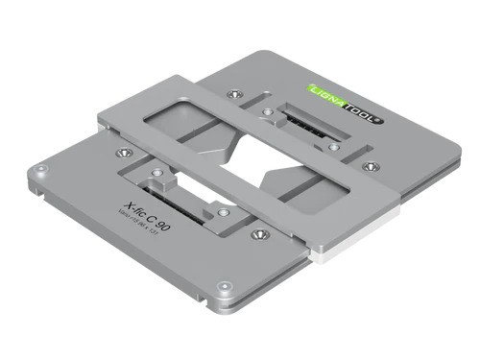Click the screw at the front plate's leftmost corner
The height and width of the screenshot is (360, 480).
pyautogui.click(x=39, y=169)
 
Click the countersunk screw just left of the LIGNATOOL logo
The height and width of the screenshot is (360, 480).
pyautogui.click(x=234, y=93)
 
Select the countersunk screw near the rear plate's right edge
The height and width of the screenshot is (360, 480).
pyautogui.click(x=372, y=166)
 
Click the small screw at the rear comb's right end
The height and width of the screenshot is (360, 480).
pyautogui.click(x=333, y=147)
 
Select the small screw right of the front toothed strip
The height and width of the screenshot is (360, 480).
pyautogui.click(x=222, y=213)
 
